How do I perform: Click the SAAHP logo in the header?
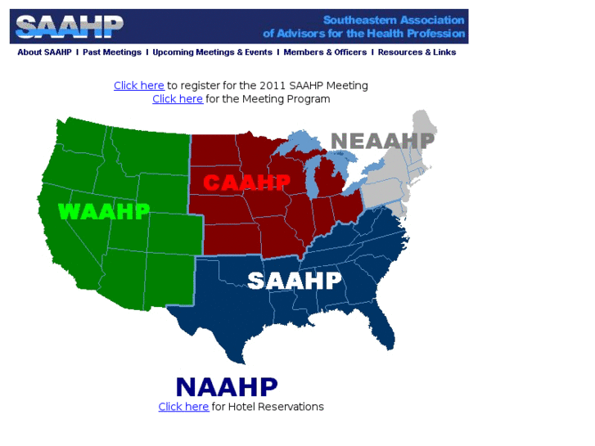70,26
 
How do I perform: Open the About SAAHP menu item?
45,52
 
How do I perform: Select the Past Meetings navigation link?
112,52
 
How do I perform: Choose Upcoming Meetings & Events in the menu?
212,52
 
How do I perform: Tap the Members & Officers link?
325,52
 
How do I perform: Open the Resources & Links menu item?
417,52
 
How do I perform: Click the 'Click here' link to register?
139,85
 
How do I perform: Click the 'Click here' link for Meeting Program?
178,99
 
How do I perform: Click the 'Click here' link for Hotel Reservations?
183,407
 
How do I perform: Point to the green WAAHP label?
104,211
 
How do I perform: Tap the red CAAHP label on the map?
246,182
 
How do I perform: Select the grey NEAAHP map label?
382,141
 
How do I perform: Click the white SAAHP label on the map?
295,281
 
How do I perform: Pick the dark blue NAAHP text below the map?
227,386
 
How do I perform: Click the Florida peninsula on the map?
384,327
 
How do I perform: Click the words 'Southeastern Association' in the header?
394,20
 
